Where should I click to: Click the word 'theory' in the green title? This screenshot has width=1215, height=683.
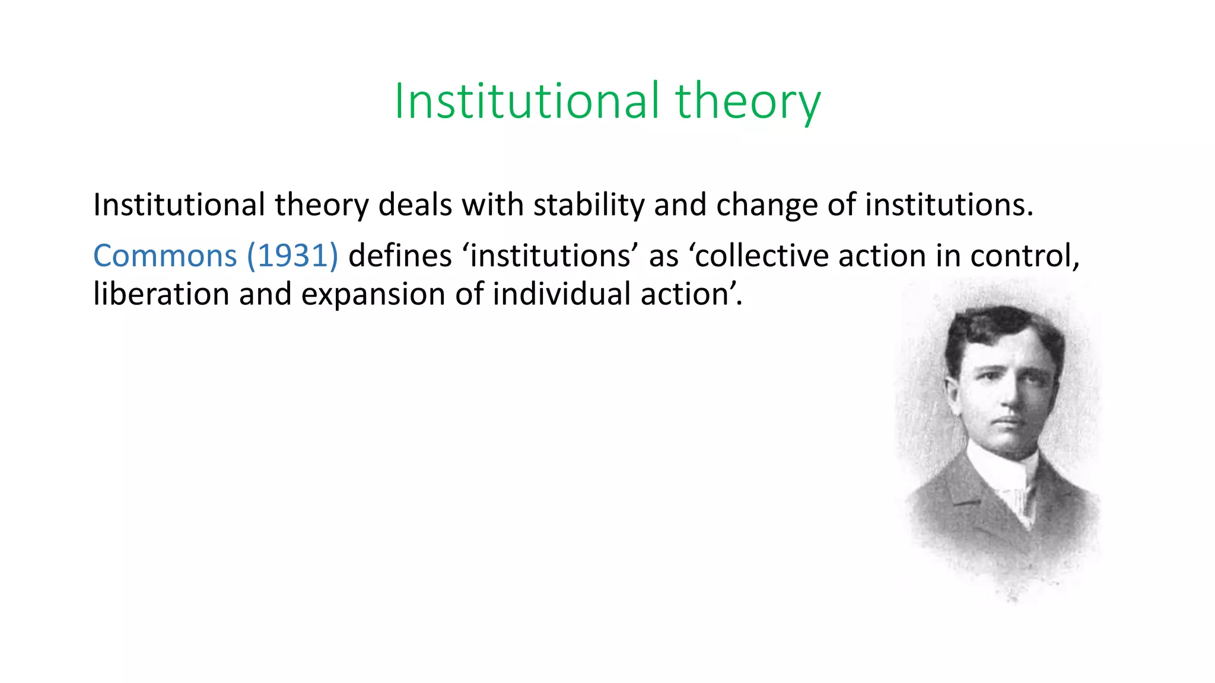point(748,102)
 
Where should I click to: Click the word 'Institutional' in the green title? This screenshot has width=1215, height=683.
point(527,102)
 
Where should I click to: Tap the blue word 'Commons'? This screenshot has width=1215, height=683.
point(165,256)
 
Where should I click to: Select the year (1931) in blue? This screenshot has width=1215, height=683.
point(292,256)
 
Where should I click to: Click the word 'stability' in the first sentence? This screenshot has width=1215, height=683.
point(589,205)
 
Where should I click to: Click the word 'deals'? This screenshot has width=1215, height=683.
point(415,205)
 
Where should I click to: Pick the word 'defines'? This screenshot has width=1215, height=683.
point(400,256)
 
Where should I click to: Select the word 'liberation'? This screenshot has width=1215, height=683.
point(161,294)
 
